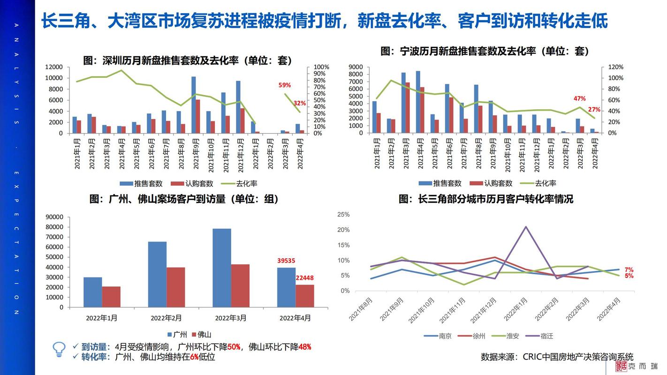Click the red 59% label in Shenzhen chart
pos(285,85)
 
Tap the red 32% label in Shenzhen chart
pos(300,103)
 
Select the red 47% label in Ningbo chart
pos(580,99)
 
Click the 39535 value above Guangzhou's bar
pos(286,261)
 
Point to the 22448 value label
pos(305,278)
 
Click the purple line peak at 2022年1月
pos(526,227)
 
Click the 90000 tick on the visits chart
pos(53,217)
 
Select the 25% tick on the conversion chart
pos(343,215)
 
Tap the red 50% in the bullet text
pos(234,347)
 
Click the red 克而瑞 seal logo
pos(621,367)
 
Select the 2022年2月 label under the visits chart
pos(166,318)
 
